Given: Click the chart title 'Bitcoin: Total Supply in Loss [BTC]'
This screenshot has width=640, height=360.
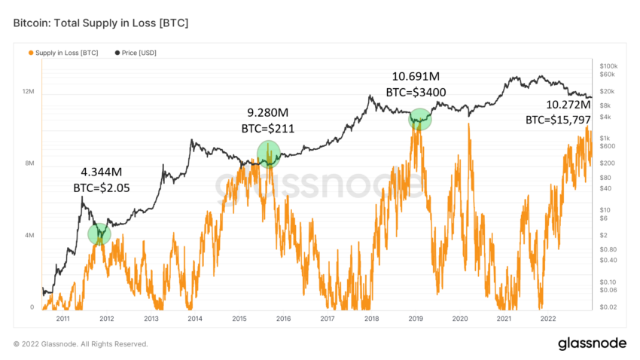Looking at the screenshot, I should click(x=101, y=23).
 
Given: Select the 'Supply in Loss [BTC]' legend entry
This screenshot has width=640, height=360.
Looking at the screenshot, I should click(x=67, y=53).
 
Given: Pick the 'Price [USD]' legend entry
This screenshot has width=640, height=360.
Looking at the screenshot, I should click(x=138, y=53).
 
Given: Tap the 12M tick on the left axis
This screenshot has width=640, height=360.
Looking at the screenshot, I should click(x=29, y=91).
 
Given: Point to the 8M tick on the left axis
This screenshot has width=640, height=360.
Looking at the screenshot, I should click(x=30, y=163).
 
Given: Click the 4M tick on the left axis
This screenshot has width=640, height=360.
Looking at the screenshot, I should click(x=30, y=236).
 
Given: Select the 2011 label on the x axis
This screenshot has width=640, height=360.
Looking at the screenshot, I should click(x=62, y=319).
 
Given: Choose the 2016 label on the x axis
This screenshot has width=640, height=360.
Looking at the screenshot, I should click(x=283, y=319).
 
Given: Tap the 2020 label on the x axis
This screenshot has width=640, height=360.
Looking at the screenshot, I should click(x=460, y=319).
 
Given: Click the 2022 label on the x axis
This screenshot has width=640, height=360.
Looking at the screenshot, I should click(x=548, y=319).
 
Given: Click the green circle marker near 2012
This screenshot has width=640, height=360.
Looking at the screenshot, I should click(x=99, y=233).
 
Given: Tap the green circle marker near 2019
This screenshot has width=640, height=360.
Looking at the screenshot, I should click(x=420, y=119).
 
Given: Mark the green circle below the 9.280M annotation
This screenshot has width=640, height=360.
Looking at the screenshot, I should click(x=268, y=153).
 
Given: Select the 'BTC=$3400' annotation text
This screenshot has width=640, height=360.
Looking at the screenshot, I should click(x=416, y=93).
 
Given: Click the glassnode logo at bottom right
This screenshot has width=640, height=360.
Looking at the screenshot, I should click(x=591, y=343).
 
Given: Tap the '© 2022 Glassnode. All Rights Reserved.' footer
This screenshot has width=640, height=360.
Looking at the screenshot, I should click(x=81, y=344).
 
